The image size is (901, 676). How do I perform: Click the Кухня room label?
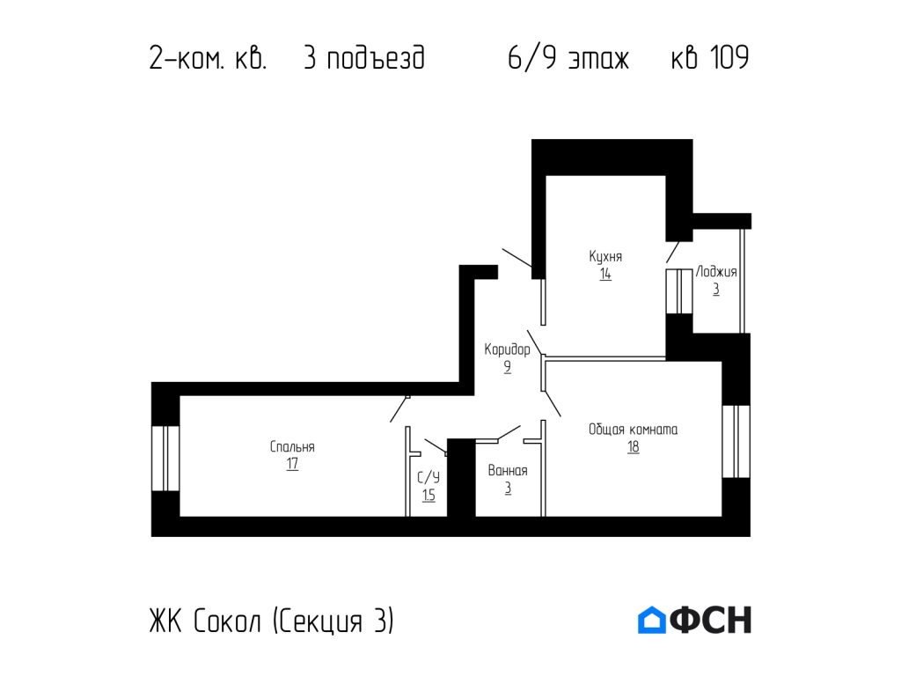click(605, 256)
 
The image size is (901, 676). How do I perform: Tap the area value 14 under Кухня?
click(605, 274)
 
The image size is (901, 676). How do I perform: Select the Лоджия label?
click(716, 272)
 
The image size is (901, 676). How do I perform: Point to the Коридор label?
click(507, 350)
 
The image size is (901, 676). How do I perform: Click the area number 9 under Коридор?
click(508, 368)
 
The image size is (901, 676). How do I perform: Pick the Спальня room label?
click(292, 447)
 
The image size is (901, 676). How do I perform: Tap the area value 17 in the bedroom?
click(292, 465)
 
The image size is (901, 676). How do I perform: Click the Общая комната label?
click(633, 430)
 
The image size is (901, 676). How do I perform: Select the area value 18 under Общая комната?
click(633, 447)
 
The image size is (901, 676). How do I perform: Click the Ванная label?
click(508, 471)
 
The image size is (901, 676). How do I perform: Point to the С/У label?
click(429, 478)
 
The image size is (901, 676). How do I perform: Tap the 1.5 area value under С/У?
click(429, 496)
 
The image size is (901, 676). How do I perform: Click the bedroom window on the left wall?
click(165, 459)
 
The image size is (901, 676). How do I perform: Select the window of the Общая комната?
click(736, 441)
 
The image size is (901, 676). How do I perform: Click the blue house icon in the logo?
click(652, 620)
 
